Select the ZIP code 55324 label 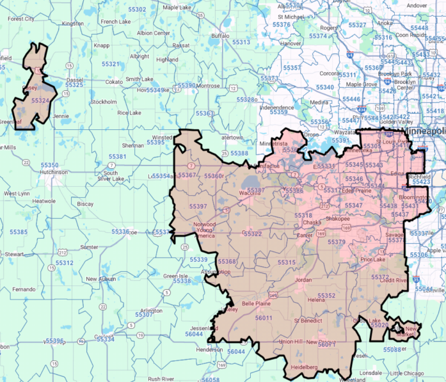coord(40,100)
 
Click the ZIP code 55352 coord(326,296)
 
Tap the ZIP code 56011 coord(264,318)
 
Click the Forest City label coord(20,19)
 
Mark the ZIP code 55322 coord(252,234)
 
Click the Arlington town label coord(151,310)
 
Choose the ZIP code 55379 coord(337,242)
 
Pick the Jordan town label coord(303,280)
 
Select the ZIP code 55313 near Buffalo coord(241,42)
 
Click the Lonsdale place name coord(371,372)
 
